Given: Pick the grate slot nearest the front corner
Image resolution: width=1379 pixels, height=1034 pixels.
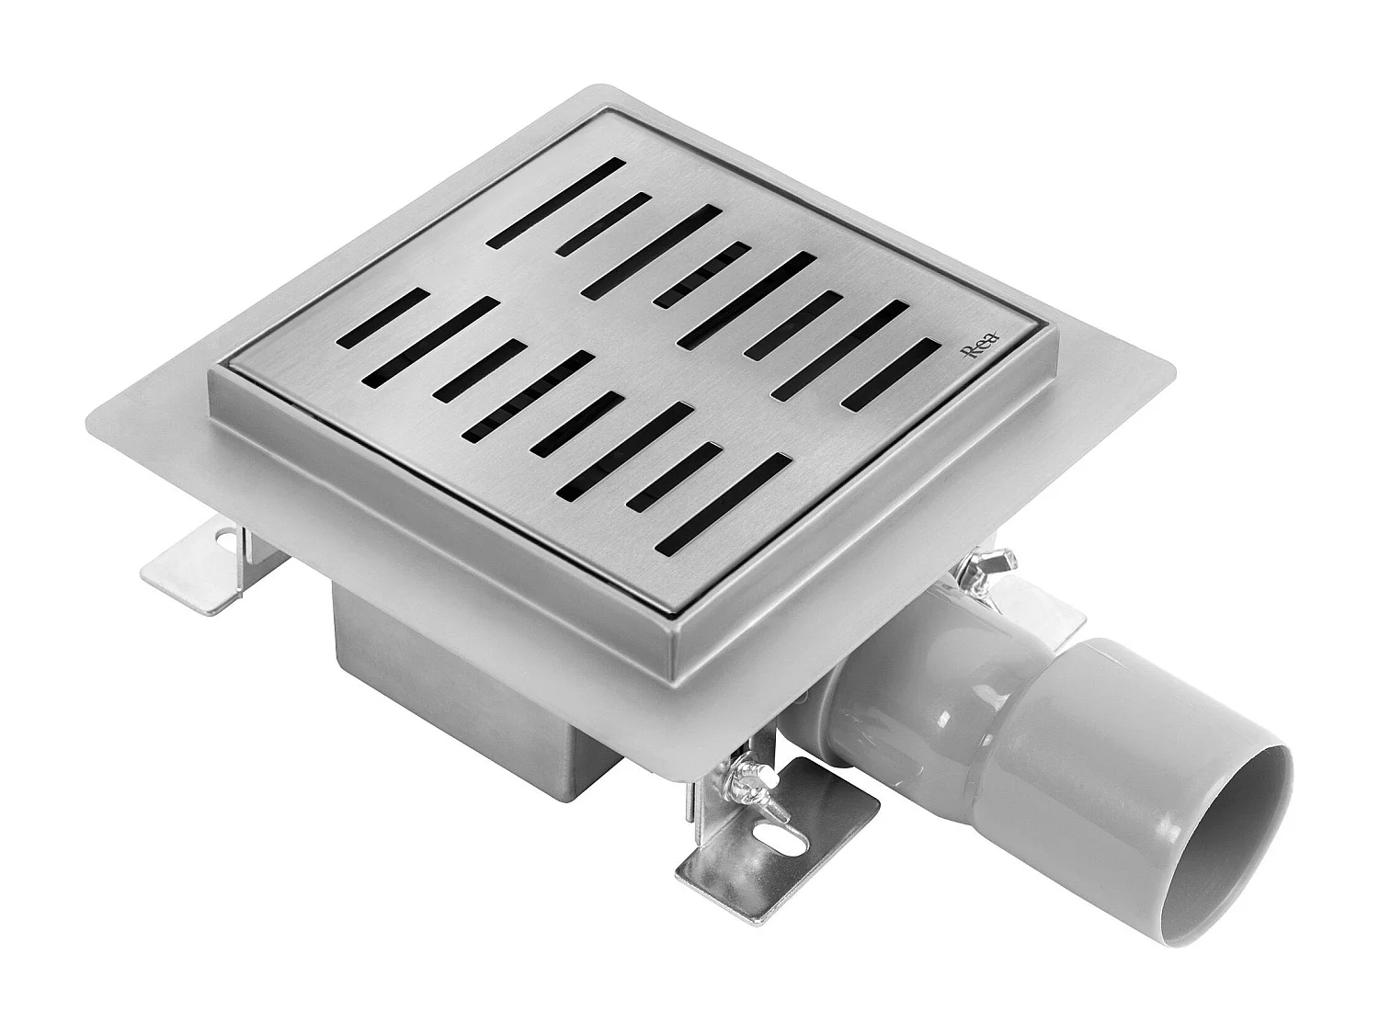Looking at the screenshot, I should pyautogui.click(x=724, y=504).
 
